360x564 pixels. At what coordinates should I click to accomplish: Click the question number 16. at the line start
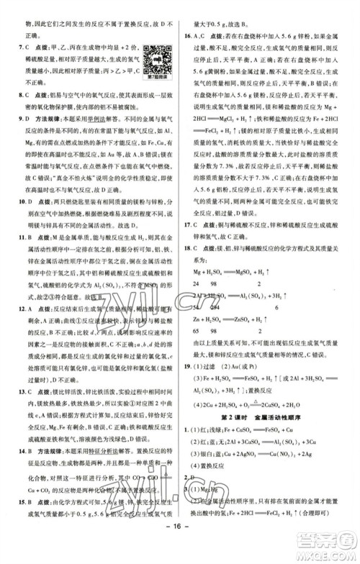tap(189, 37)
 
